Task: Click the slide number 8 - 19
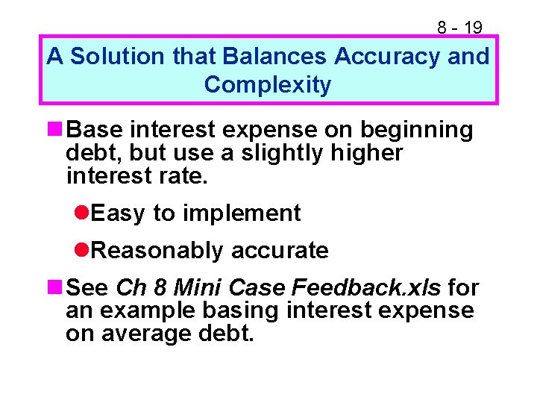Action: pos(459,28)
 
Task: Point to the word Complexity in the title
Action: pos(267,85)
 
